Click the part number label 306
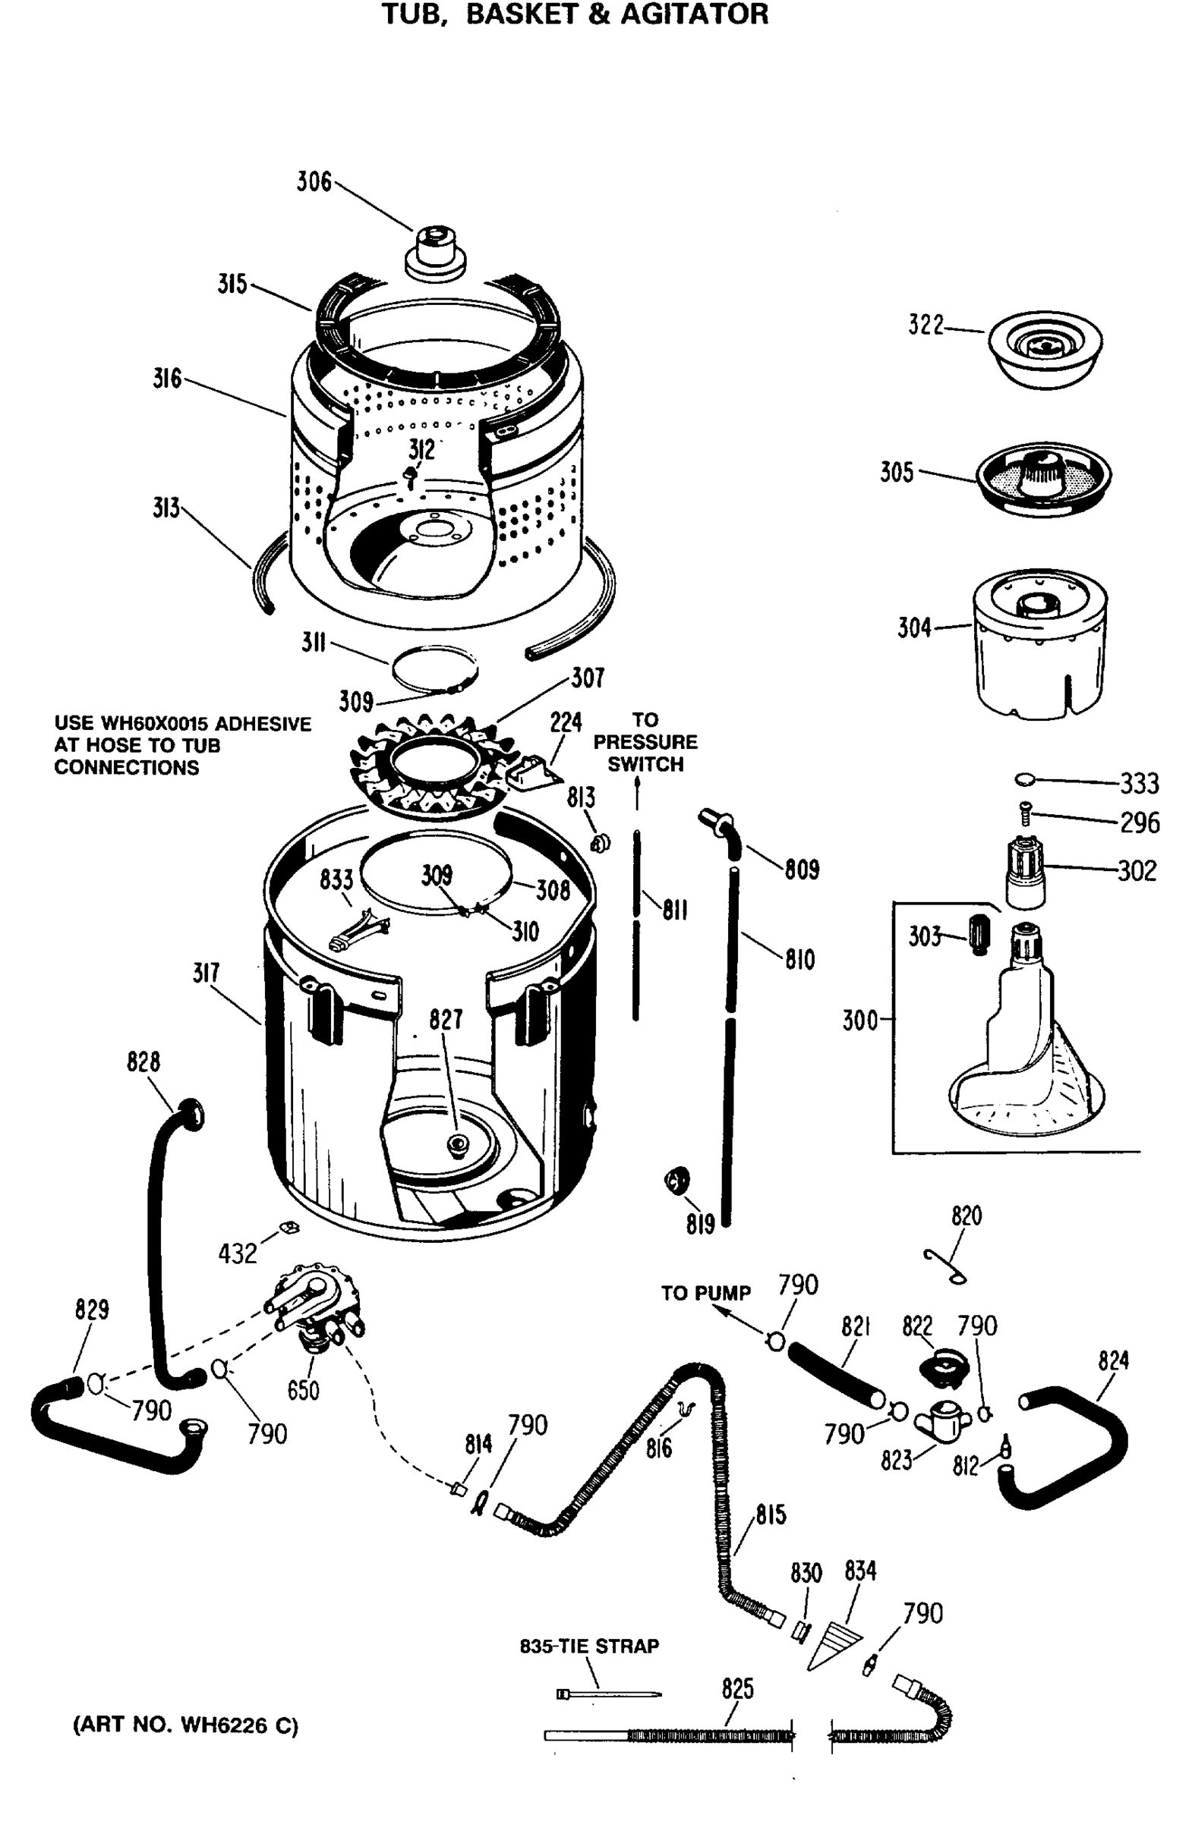314,182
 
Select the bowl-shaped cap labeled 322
1044,349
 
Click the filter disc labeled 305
1042,477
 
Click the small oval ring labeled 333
1024,780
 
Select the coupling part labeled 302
1024,873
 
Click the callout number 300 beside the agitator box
859,1021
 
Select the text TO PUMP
705,1293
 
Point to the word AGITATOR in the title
694,14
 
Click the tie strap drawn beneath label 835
609,1694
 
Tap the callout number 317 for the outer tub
206,973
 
